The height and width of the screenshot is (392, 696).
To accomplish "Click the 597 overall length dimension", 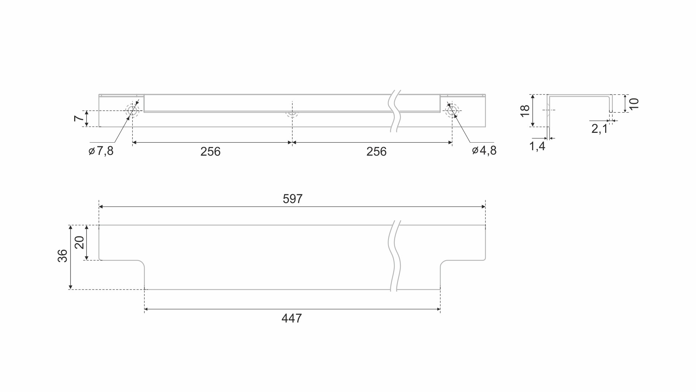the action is pyautogui.click(x=292, y=199).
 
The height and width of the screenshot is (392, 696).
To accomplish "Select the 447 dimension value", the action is pyautogui.click(x=292, y=318).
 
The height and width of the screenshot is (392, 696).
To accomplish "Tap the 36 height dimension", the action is pyautogui.click(x=63, y=256).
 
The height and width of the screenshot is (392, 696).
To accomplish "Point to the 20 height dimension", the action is pyautogui.click(x=79, y=242).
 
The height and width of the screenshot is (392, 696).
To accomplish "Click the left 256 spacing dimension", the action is pyautogui.click(x=210, y=151).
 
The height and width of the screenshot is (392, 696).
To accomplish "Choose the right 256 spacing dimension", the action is pyautogui.click(x=376, y=151).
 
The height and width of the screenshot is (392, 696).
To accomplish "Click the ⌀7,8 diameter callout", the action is pyautogui.click(x=101, y=151).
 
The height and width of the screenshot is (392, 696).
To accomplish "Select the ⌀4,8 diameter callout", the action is pyautogui.click(x=484, y=150).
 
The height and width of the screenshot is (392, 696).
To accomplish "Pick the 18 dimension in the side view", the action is pyautogui.click(x=525, y=110).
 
